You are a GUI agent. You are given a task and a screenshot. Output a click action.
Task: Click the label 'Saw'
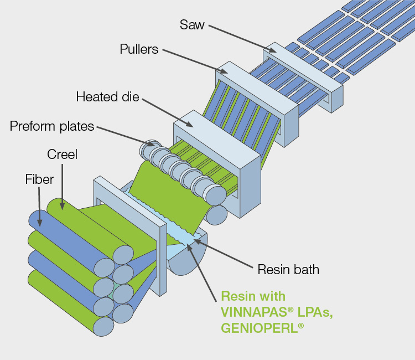(x=191, y=25)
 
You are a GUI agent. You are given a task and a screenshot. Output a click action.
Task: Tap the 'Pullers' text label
(x=139, y=49)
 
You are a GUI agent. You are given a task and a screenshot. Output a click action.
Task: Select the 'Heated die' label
(x=108, y=97)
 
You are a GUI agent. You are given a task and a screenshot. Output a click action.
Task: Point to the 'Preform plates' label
(x=52, y=126)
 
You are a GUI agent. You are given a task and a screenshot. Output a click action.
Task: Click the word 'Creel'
(x=62, y=155)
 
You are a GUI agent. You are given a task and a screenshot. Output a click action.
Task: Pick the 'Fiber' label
(x=39, y=179)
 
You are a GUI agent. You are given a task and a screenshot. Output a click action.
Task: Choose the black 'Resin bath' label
(x=288, y=270)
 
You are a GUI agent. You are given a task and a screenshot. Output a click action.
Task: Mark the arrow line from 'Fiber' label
(x=40, y=205)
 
